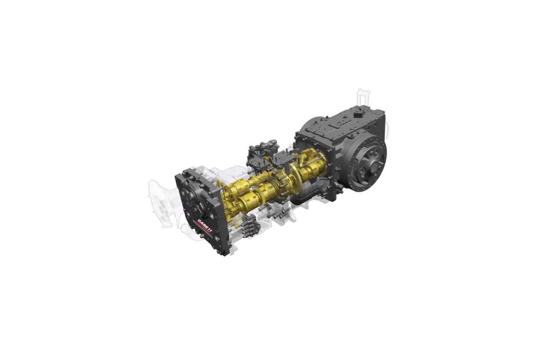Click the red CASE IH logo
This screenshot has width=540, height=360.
tap(204, 226)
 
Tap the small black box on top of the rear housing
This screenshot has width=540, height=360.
tap(359, 113)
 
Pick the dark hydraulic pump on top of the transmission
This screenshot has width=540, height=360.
tap(263, 152)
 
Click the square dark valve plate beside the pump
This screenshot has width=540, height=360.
tap(283, 160)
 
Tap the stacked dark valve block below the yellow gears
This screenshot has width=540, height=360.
tap(251, 226)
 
